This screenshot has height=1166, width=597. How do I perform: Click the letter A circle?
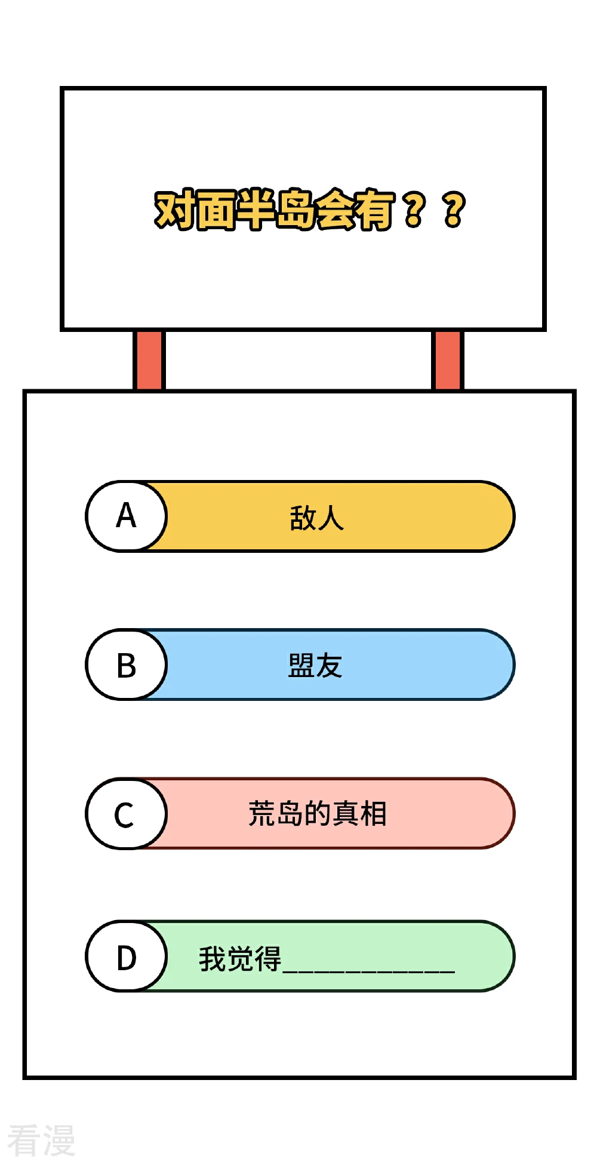[127, 516]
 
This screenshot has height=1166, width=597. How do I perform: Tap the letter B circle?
[127, 664]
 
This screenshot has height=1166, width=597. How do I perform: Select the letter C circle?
[127, 813]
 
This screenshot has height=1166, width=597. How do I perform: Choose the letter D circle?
[127, 956]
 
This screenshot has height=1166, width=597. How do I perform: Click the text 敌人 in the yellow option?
[317, 518]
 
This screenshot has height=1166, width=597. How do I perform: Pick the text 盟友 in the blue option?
[315, 666]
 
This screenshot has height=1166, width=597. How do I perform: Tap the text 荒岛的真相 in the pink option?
[318, 813]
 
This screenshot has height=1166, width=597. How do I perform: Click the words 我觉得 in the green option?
[240, 958]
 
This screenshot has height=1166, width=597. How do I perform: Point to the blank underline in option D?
[369, 971]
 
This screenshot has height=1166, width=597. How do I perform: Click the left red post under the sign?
[149, 361]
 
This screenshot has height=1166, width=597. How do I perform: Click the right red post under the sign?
[447, 361]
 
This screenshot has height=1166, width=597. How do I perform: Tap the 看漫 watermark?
[41, 1140]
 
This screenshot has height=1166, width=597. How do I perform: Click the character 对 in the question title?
[174, 210]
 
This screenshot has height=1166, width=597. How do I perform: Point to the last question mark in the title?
[454, 210]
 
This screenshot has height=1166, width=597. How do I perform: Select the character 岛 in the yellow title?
[296, 210]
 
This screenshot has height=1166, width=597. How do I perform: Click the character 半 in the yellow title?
[256, 210]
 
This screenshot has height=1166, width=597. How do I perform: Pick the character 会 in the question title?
[336, 210]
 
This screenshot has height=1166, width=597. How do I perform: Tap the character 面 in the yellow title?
[216, 210]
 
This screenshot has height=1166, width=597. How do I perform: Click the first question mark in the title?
[415, 210]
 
